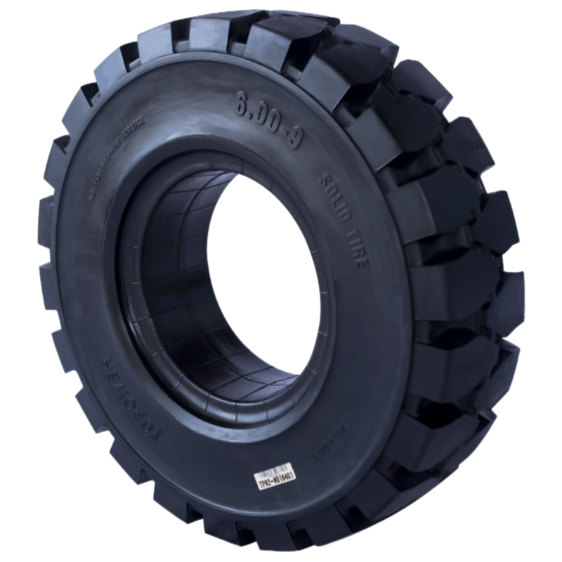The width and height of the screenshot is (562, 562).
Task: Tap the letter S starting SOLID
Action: point(325,181)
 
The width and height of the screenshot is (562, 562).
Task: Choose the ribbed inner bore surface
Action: point(169,295)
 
